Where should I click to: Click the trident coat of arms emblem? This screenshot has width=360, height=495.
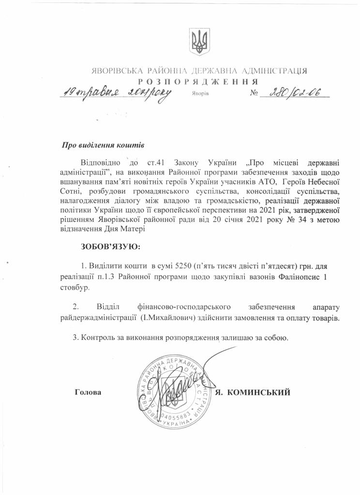click(x=198, y=41)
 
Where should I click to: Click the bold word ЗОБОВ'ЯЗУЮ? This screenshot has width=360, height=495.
click(x=111, y=247)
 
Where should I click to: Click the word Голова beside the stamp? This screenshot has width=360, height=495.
click(x=89, y=392)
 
